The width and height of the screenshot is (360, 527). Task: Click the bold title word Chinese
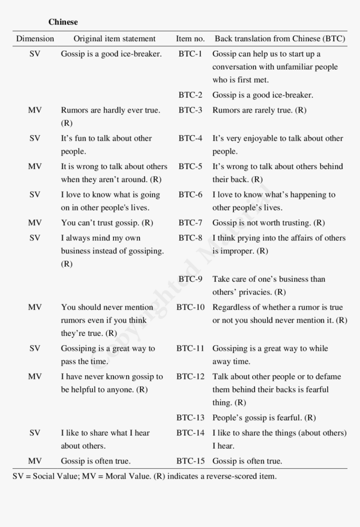pos(63,22)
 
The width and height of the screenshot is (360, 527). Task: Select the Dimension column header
pos(35,39)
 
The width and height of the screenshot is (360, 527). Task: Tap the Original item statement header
pos(114,39)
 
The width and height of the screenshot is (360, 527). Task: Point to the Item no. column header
pos(190,39)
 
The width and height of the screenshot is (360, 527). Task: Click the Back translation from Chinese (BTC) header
pos(280,39)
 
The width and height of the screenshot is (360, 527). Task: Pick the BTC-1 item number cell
pos(190,54)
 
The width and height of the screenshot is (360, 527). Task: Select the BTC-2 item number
pos(190,95)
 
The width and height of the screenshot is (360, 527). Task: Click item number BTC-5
pos(190,166)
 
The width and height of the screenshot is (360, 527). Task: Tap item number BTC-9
pos(190,279)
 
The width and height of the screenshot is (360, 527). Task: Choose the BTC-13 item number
pos(190,417)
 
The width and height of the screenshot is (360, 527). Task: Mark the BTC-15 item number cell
pos(190,461)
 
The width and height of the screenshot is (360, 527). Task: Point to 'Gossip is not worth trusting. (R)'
pos(268,223)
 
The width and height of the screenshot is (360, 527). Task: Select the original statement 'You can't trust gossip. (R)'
pos(107,223)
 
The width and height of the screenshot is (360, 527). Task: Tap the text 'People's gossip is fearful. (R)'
pos(264,417)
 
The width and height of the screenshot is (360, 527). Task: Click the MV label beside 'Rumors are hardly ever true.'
pos(35,110)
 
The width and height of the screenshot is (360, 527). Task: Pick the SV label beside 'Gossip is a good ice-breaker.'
pos(35,54)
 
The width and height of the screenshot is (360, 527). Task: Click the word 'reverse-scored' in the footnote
pos(226,476)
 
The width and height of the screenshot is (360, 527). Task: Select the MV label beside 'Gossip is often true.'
pos(35,461)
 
